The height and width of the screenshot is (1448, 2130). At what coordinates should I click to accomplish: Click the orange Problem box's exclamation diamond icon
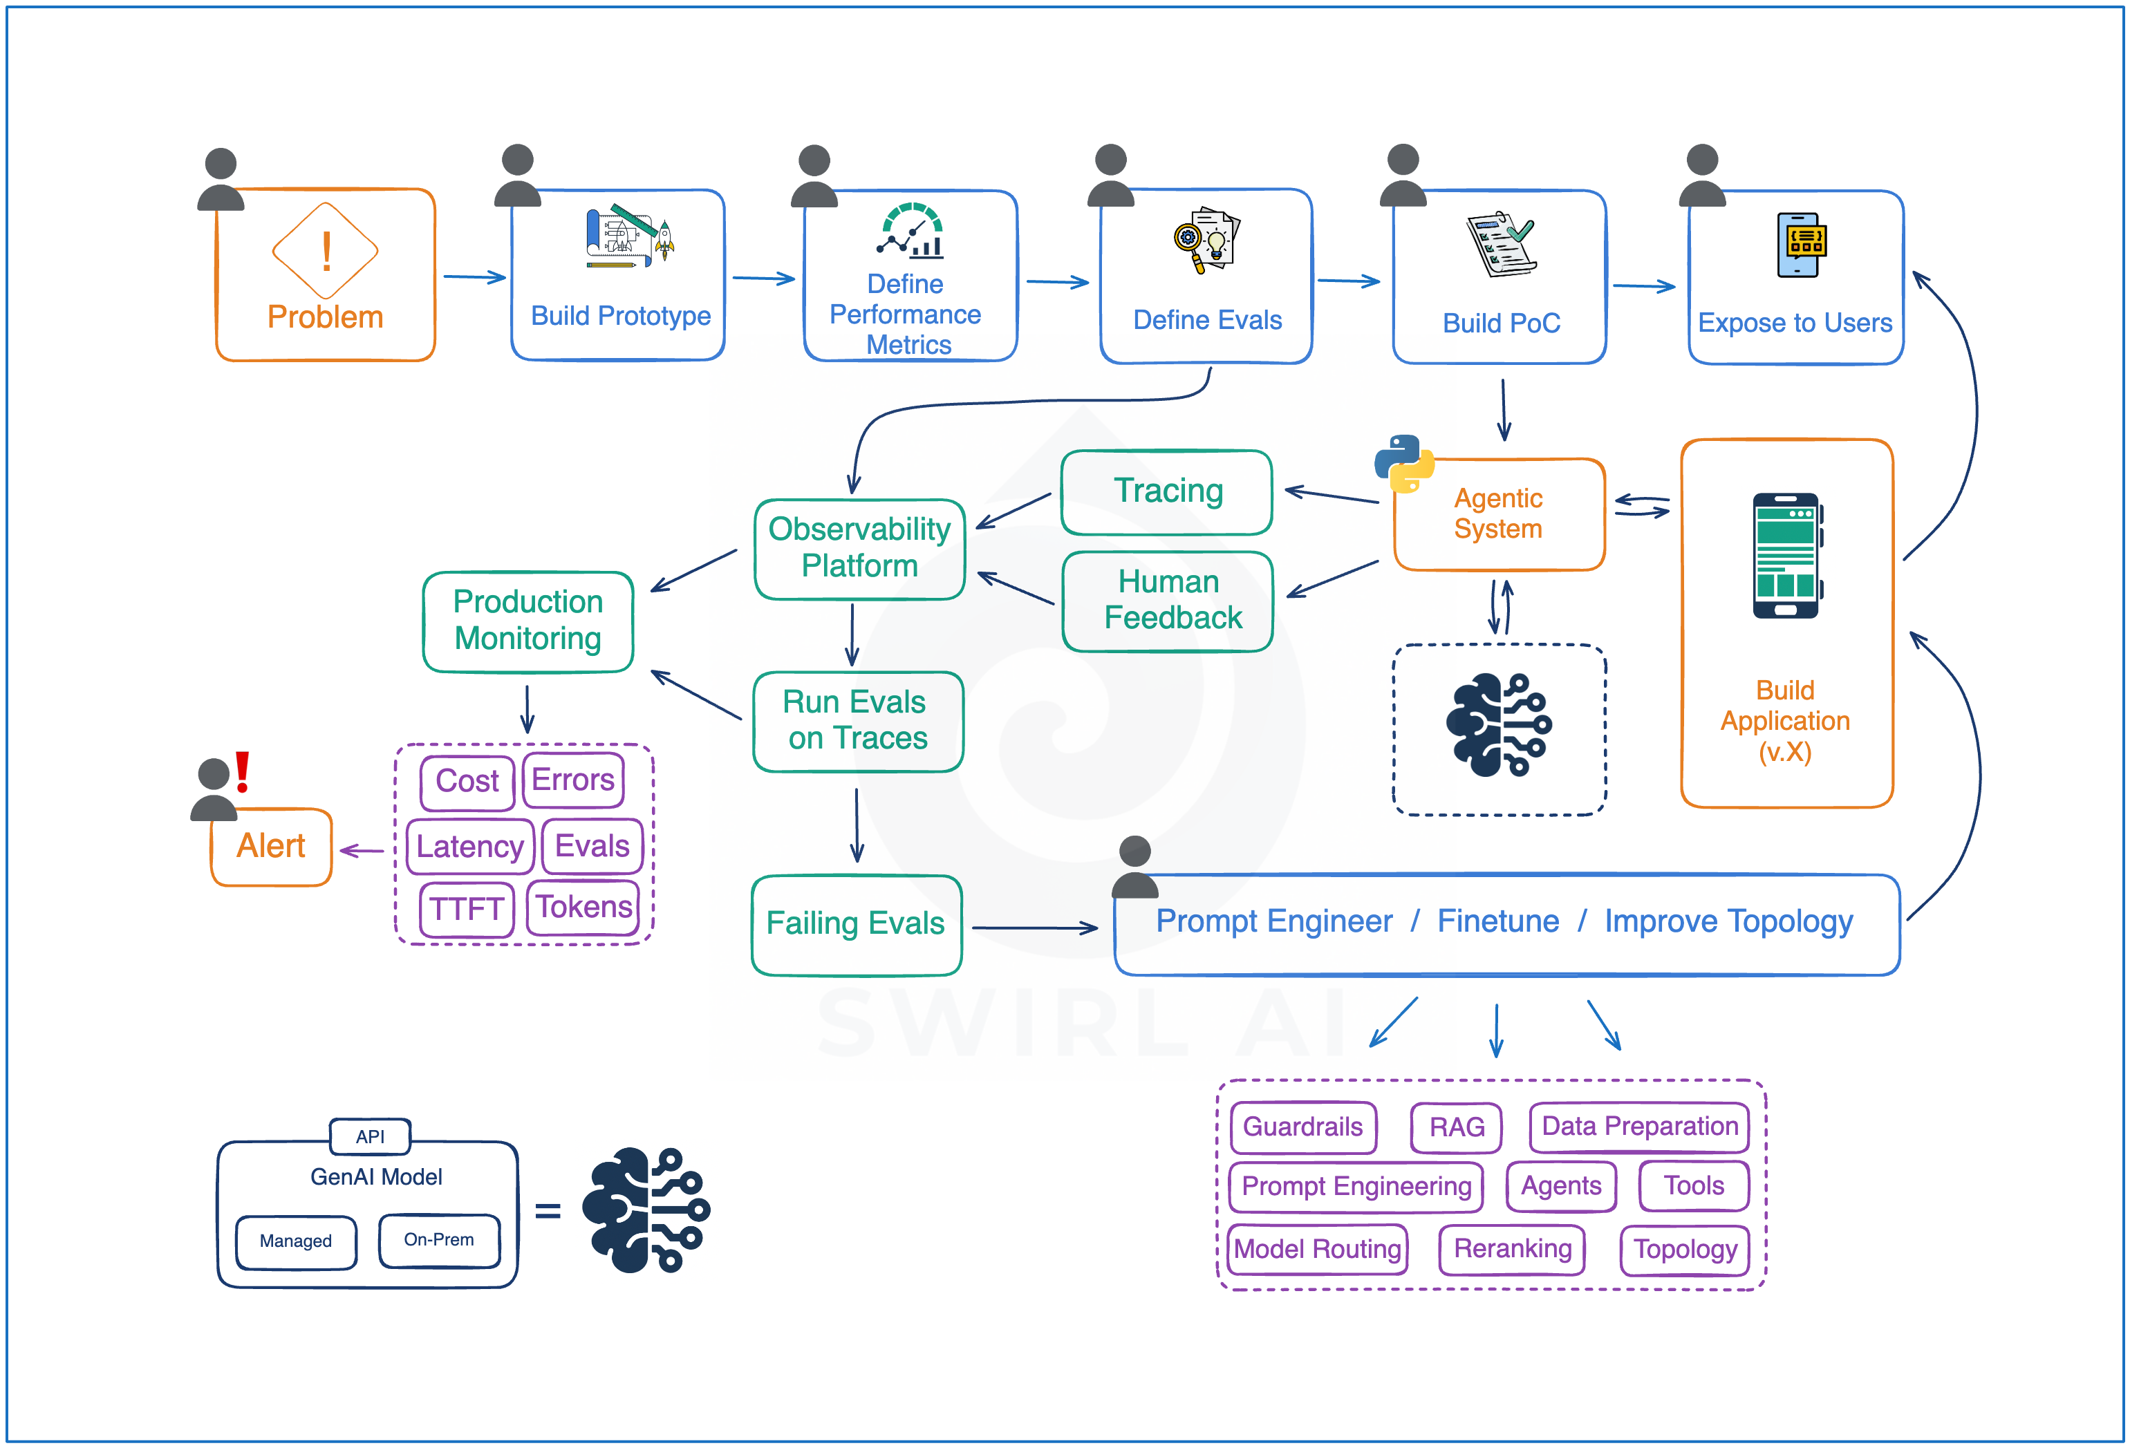(326, 250)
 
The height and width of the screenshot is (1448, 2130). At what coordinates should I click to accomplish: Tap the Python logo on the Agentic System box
(1403, 464)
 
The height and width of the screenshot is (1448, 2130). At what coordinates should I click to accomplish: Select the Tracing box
(1167, 492)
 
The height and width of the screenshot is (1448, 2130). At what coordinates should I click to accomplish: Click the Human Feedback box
(1168, 601)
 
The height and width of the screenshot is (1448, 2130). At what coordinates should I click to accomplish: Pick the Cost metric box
(467, 782)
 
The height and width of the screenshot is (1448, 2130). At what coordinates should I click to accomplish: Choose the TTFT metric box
(467, 909)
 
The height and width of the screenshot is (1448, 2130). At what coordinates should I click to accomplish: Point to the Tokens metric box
(583, 908)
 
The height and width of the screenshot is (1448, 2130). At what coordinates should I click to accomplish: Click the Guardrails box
(1303, 1127)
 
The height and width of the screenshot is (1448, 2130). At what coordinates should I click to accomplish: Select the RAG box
(1457, 1127)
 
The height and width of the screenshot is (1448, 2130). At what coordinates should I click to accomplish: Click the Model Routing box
(1318, 1249)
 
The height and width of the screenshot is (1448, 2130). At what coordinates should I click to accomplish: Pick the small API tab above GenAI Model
(371, 1136)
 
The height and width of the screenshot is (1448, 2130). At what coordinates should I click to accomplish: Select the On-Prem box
(439, 1240)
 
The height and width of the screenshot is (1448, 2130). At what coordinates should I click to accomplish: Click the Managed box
(296, 1242)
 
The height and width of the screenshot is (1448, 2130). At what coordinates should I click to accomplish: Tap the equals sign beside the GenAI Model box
(548, 1212)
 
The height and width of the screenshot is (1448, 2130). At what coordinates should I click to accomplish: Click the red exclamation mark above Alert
(242, 771)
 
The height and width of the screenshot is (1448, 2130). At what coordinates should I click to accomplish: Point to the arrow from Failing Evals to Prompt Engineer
(1035, 928)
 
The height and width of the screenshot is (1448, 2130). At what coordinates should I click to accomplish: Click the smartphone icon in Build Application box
(1787, 556)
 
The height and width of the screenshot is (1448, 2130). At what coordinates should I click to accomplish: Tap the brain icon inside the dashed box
(1500, 725)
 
